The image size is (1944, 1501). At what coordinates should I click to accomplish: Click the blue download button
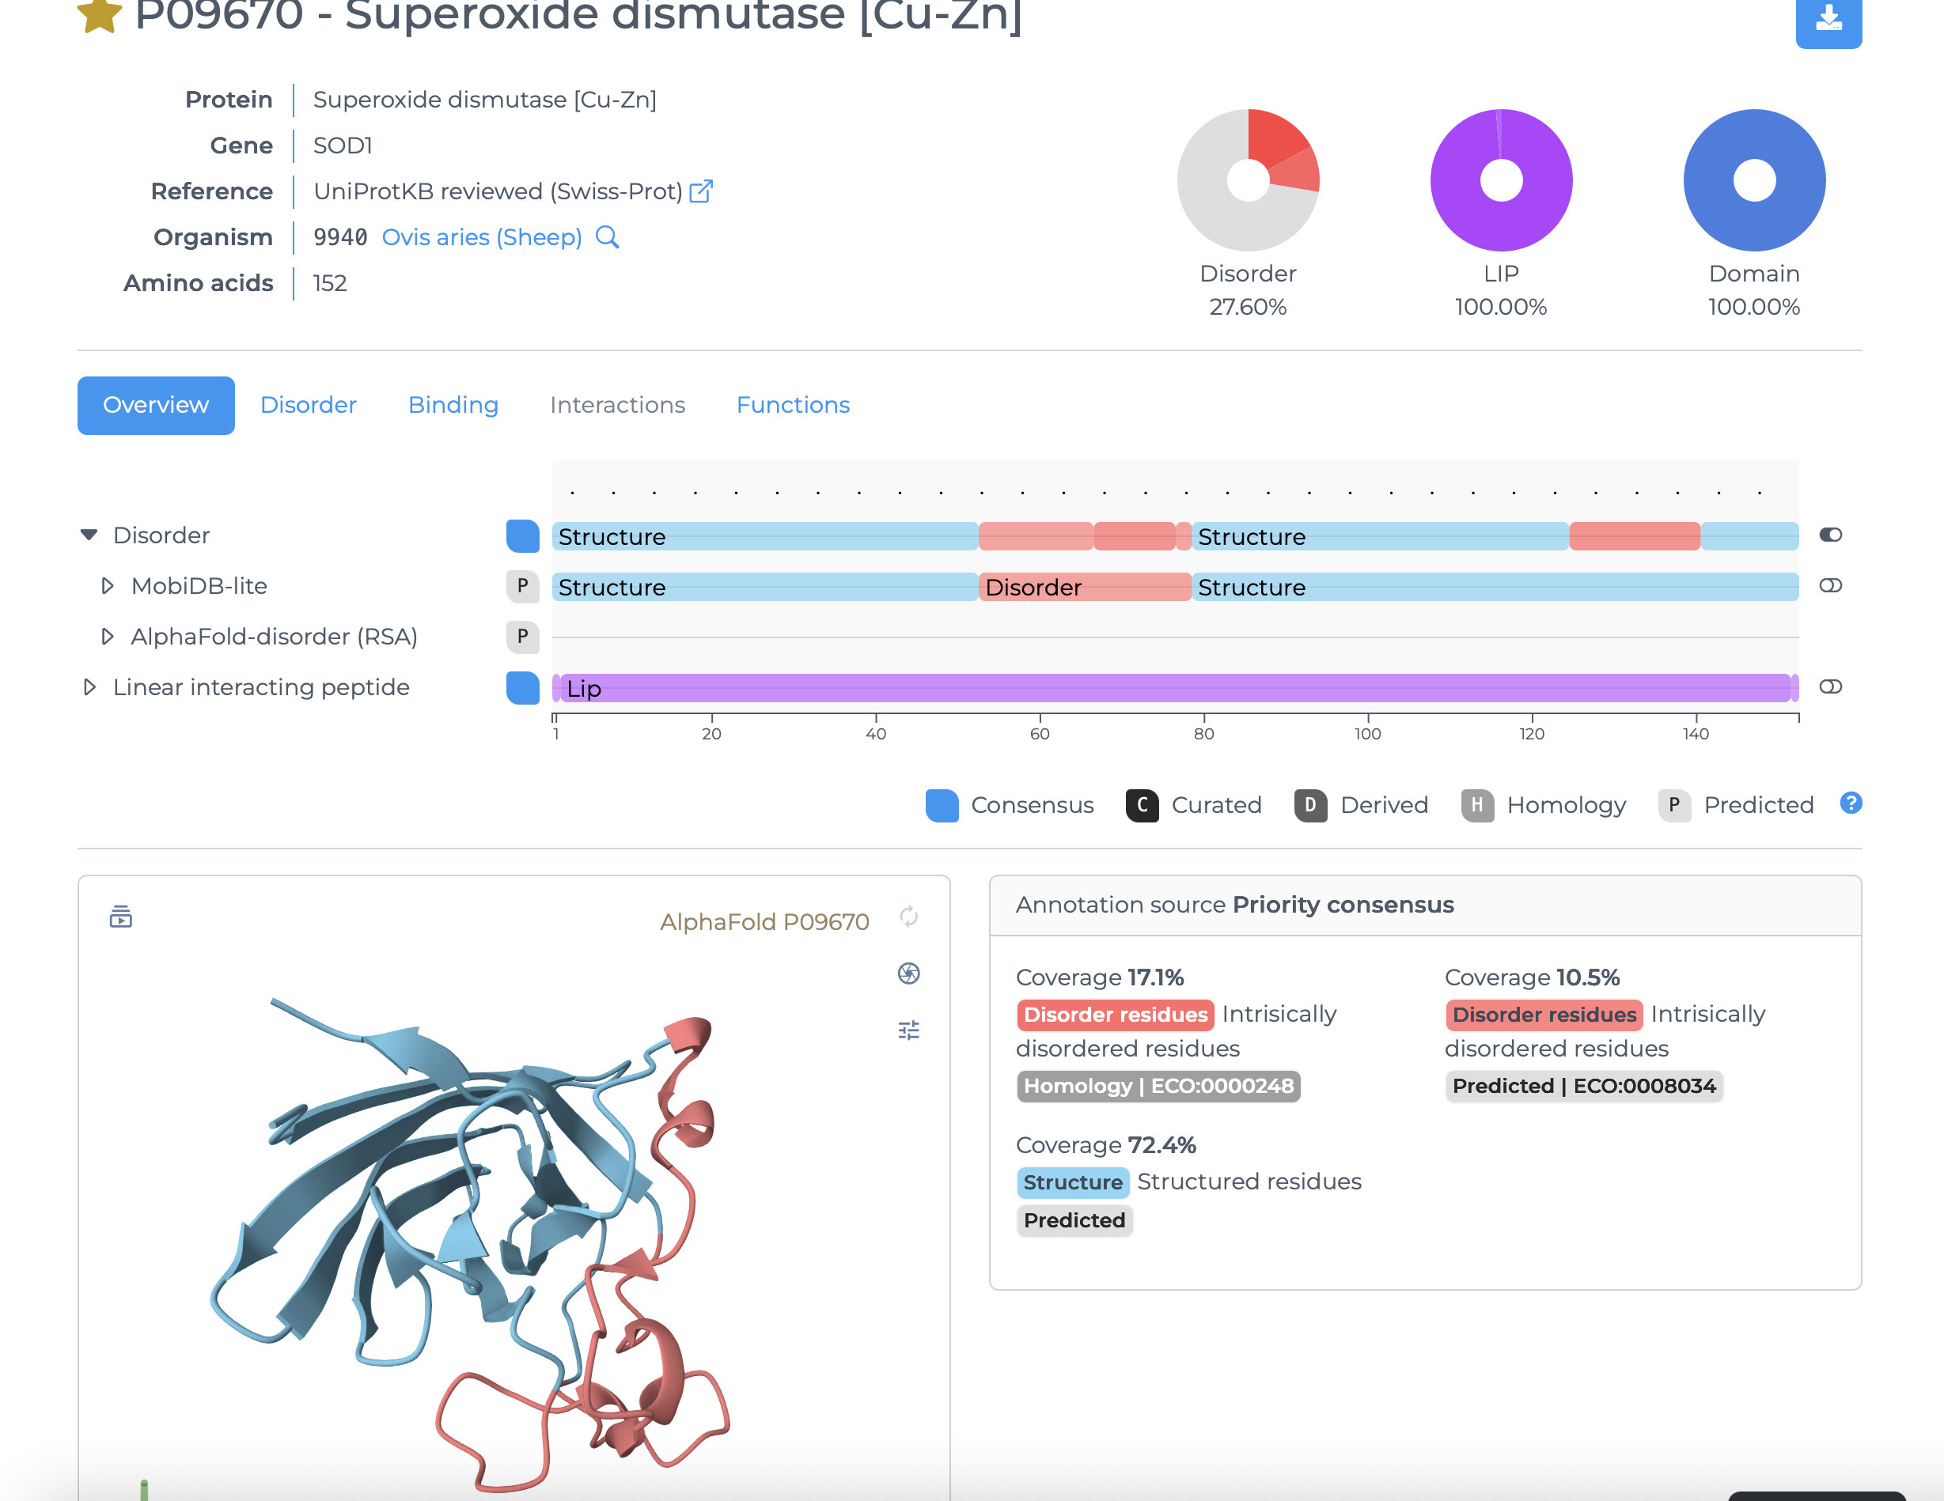pyautogui.click(x=1828, y=20)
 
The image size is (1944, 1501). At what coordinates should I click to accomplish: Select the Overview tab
pyautogui.click(x=156, y=405)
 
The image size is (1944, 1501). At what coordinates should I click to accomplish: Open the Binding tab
pyautogui.click(x=453, y=405)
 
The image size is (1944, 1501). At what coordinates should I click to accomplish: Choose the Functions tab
pyautogui.click(x=793, y=405)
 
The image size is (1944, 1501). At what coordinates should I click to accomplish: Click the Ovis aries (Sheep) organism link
pyautogui.click(x=482, y=237)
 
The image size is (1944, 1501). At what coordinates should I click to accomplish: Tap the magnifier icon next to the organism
pyautogui.click(x=607, y=237)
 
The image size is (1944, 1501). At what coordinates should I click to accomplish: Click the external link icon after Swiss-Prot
pyautogui.click(x=701, y=191)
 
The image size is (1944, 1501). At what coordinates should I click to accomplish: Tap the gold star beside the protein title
pyautogui.click(x=100, y=15)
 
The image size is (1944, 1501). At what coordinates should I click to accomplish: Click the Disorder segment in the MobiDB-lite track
pyautogui.click(x=1084, y=588)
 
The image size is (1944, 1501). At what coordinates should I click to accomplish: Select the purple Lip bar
pyautogui.click(x=1175, y=688)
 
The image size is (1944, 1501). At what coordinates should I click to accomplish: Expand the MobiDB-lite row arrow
pyautogui.click(x=107, y=586)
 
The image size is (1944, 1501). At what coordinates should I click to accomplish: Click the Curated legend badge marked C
pyautogui.click(x=1142, y=805)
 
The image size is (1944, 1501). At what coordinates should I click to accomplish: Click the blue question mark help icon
pyautogui.click(x=1851, y=803)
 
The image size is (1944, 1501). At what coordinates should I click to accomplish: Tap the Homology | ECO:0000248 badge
pyautogui.click(x=1158, y=1087)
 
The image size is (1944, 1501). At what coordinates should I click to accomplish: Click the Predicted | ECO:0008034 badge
pyautogui.click(x=1583, y=1087)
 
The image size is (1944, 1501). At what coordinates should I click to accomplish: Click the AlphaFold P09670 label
pyautogui.click(x=764, y=922)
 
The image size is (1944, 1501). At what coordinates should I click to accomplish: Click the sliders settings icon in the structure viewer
pyautogui.click(x=908, y=1030)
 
